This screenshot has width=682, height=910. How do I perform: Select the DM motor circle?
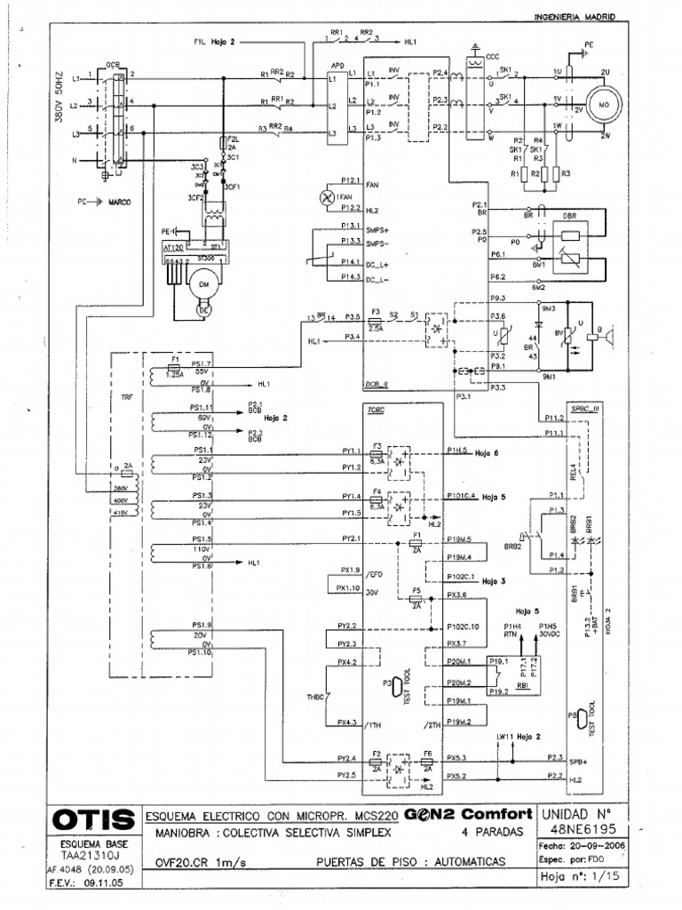203,283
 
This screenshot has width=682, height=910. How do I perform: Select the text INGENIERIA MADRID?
575,17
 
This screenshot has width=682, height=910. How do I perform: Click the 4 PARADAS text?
491,833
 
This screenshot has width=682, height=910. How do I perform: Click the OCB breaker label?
112,65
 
